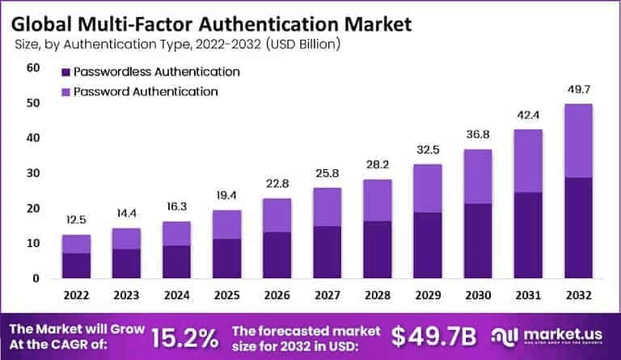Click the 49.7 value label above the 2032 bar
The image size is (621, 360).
click(578, 87)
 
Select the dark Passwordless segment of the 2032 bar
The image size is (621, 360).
click(578, 227)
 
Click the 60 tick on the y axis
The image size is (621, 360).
click(33, 68)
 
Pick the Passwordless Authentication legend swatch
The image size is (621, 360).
click(65, 71)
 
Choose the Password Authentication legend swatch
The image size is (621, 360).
click(65, 91)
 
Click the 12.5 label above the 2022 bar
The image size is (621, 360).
click(76, 219)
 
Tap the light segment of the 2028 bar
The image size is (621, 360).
click(378, 200)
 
